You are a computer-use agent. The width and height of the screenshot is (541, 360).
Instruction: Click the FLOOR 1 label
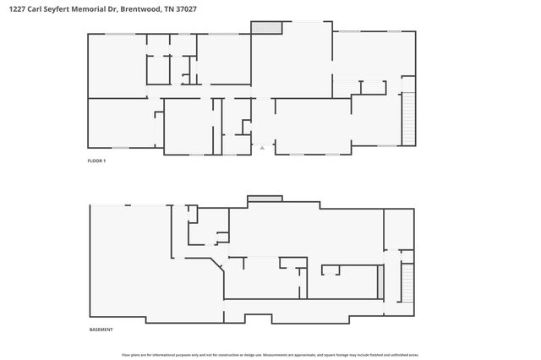(96, 161)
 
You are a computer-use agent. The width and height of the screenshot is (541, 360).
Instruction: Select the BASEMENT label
(101, 330)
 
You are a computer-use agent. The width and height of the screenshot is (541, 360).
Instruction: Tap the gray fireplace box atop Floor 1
(266, 28)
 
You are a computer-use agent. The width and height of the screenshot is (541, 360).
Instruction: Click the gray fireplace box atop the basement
(265, 199)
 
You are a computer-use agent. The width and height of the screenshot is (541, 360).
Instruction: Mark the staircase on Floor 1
(409, 117)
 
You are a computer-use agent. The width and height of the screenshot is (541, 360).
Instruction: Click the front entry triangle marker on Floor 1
(262, 147)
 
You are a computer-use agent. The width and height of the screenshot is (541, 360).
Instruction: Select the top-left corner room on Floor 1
(117, 64)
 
